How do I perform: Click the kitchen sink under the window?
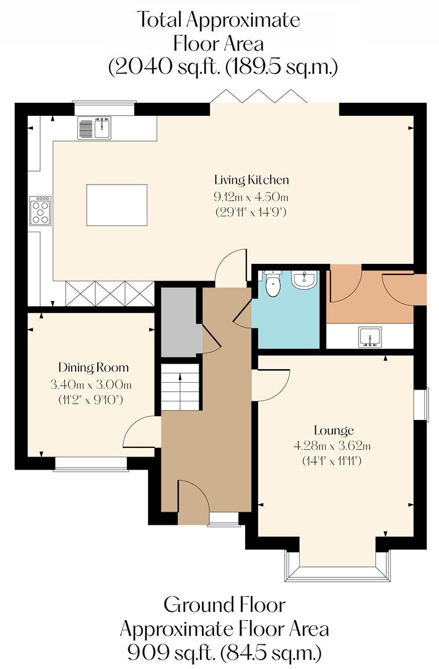coord(94,128)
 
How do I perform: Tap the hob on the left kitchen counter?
coord(41,211)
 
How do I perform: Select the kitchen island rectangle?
coord(116,205)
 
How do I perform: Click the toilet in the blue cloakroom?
coord(272,284)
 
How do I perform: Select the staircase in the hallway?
coord(180,387)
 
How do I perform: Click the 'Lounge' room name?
coord(334,430)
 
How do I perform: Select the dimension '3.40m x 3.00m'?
coord(91,385)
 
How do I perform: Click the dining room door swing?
coord(140,434)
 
